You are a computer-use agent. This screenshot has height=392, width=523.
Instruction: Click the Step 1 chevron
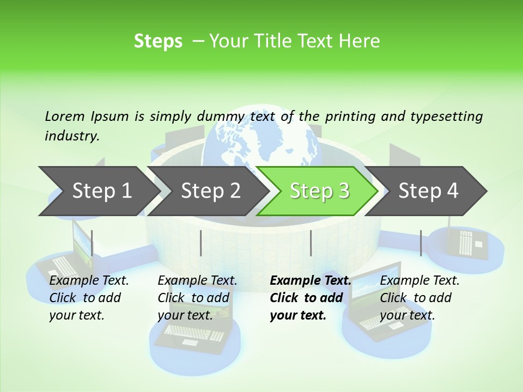98,191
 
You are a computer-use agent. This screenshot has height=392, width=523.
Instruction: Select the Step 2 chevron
210,191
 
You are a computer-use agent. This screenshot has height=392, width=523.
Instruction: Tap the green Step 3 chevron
319,191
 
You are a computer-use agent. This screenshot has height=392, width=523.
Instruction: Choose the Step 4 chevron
428,191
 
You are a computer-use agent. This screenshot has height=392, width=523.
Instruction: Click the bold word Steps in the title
158,41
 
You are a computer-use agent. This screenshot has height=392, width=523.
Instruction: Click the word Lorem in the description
65,116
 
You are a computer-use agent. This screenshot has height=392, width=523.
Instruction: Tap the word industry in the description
71,136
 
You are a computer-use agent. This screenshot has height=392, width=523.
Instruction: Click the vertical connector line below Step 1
92,243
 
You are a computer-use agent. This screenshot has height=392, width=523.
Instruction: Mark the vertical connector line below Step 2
201,243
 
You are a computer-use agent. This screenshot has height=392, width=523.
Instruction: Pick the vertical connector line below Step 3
311,243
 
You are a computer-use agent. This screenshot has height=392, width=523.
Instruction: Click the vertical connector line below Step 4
421,243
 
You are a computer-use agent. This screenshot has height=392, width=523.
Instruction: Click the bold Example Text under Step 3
311,281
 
